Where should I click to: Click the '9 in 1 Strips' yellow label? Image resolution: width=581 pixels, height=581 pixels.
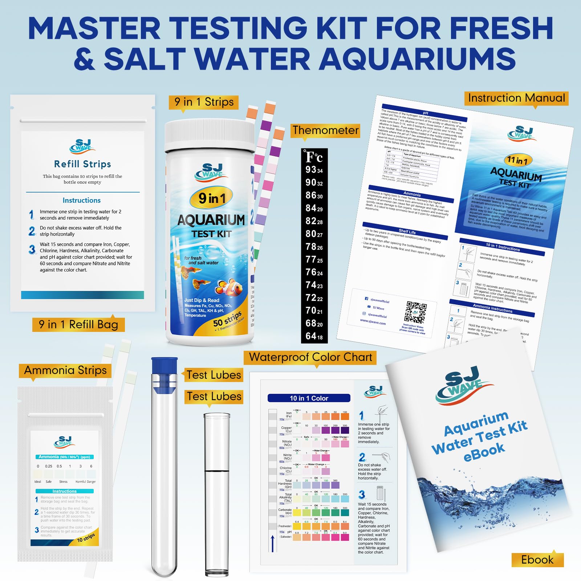tap(204, 102)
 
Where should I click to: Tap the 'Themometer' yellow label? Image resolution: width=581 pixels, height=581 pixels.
tap(325, 130)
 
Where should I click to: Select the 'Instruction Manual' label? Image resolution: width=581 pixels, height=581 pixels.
tap(516, 98)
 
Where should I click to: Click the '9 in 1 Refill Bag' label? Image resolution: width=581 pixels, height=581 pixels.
tap(78, 324)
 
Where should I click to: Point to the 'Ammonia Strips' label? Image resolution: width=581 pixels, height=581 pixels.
tap(65, 370)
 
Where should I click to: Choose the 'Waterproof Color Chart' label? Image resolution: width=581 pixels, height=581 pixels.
tap(310, 357)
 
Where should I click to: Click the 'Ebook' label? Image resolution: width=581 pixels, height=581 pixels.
tap(537, 560)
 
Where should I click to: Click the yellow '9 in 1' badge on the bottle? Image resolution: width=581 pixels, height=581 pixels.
tap(212, 198)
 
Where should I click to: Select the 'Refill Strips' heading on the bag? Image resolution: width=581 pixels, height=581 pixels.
tap(82, 164)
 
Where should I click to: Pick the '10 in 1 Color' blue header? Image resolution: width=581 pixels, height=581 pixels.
tap(309, 398)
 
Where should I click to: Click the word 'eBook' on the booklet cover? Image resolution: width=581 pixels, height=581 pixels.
tap(484, 452)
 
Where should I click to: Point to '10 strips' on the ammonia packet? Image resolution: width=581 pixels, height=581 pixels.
tap(86, 538)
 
